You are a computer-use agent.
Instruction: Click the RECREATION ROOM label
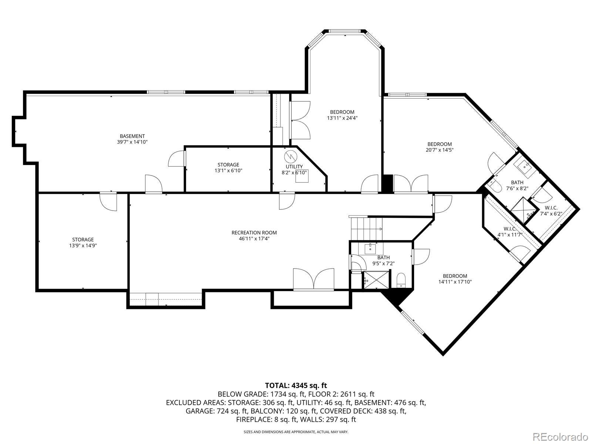[x=254, y=233]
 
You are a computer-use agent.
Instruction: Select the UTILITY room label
[x=294, y=166]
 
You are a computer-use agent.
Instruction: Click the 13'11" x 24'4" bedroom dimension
[x=342, y=118]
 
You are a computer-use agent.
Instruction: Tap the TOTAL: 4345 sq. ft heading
[x=296, y=386]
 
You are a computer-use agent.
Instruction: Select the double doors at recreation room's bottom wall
[x=314, y=279]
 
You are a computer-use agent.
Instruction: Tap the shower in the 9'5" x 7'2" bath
[x=377, y=279]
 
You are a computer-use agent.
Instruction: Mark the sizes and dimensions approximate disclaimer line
[x=296, y=432]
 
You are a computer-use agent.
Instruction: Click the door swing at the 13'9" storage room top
[x=108, y=202]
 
